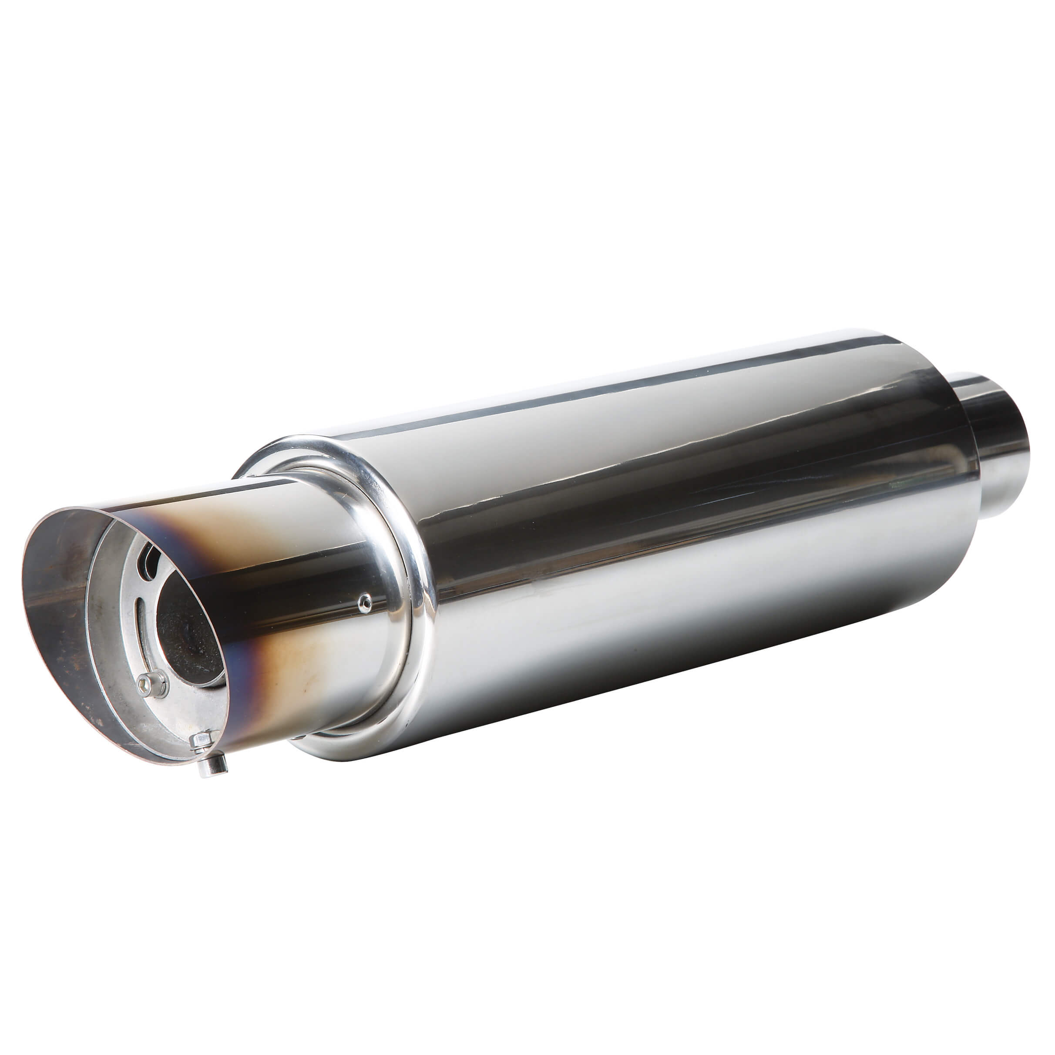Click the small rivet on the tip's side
(x=365, y=603)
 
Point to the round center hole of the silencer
(x=188, y=628)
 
